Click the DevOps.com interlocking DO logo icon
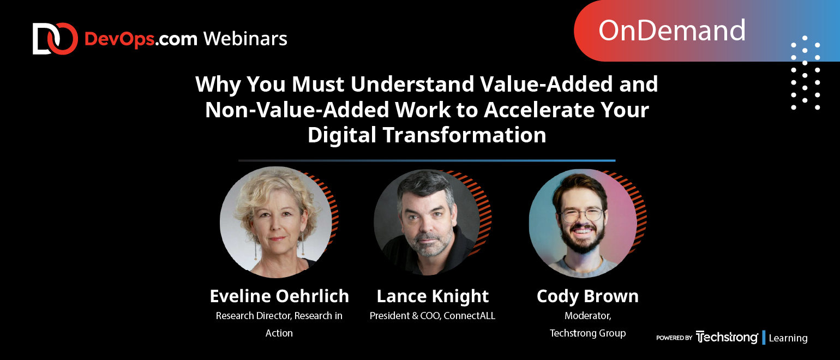(x=55, y=39)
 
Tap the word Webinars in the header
(x=245, y=39)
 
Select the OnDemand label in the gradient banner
(x=671, y=31)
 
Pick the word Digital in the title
(x=341, y=135)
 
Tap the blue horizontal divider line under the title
(x=427, y=160)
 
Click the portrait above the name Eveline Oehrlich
(x=276, y=223)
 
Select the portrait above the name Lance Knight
(x=427, y=223)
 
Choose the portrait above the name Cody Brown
(x=583, y=224)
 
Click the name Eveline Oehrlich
(x=279, y=296)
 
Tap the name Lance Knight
(x=433, y=297)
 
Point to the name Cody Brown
(x=587, y=297)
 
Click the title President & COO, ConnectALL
(x=433, y=316)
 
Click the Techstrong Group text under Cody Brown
(x=587, y=333)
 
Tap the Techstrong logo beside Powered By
(x=727, y=337)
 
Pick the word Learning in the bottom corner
(x=788, y=338)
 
